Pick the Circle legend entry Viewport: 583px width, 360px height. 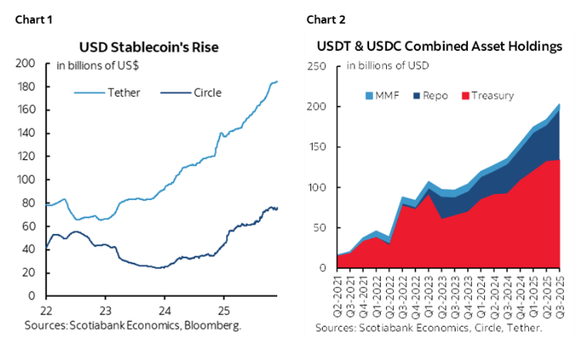(192, 93)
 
